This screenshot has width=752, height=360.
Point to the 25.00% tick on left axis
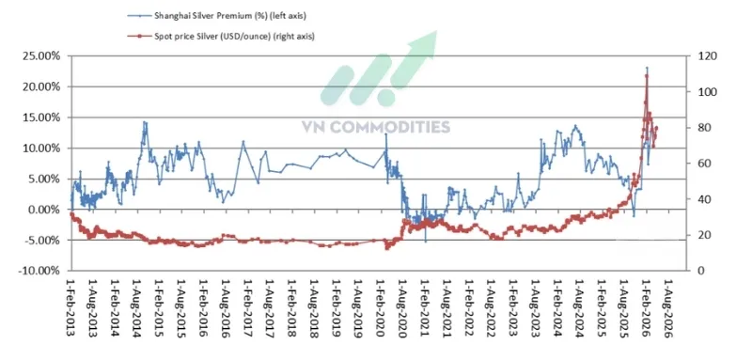[x=40, y=56]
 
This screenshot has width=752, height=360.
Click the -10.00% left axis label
[x=39, y=271]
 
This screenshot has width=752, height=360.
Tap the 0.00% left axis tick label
[x=43, y=210]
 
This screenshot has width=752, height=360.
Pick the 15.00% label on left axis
[x=40, y=117]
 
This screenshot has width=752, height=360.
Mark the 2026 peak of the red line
[x=647, y=75]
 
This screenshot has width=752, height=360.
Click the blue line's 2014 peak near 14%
[x=144, y=122]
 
